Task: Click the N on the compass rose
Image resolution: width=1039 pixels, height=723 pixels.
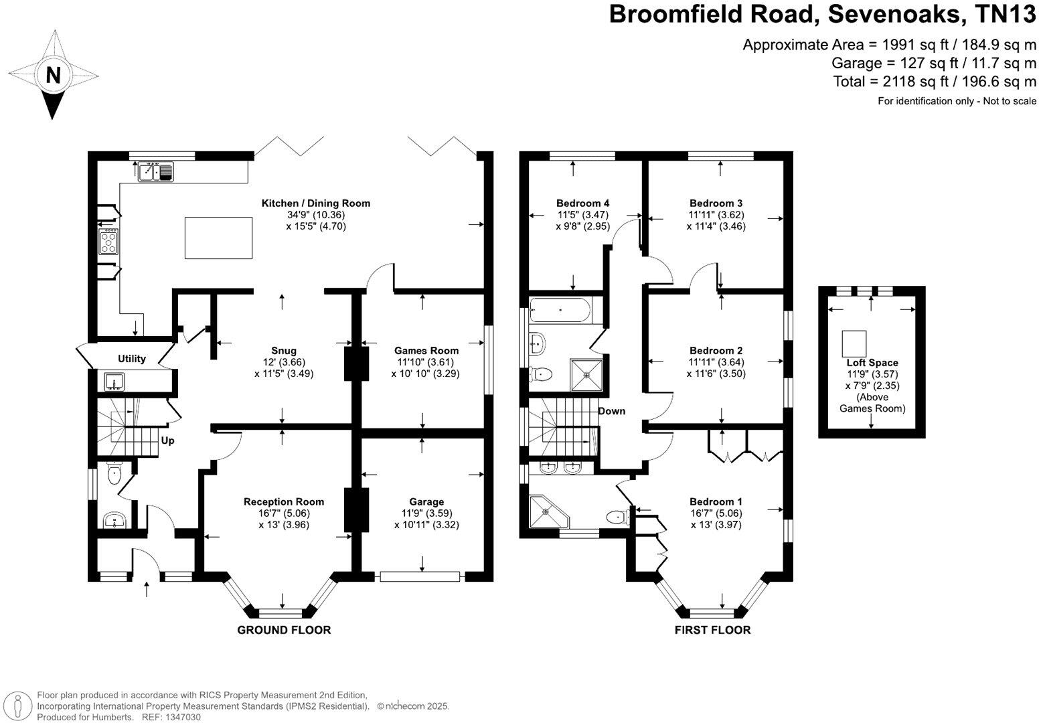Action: (52, 74)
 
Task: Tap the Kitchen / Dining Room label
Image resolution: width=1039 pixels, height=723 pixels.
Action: (315, 203)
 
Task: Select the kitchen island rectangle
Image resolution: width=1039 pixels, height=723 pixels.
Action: (219, 238)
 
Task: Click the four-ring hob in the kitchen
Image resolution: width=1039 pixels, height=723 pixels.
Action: (109, 242)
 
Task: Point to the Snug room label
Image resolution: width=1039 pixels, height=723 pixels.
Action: (283, 350)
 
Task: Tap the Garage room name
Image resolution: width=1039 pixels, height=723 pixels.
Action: (426, 501)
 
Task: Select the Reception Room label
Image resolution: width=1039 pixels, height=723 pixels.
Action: (283, 501)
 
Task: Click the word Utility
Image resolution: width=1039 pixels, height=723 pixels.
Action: (132, 359)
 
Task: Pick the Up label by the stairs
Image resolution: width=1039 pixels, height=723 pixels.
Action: (167, 440)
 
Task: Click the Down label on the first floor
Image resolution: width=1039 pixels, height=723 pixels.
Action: (612, 410)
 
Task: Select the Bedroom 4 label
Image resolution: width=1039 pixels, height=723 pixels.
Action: (582, 203)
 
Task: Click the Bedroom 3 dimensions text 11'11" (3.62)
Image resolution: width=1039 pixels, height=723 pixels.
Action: (716, 215)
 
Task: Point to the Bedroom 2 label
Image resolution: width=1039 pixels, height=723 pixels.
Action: (716, 350)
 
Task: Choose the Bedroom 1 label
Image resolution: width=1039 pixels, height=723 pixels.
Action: (716, 501)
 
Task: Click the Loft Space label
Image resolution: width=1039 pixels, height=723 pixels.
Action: (872, 363)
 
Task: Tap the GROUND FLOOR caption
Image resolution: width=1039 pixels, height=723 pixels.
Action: (284, 629)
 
